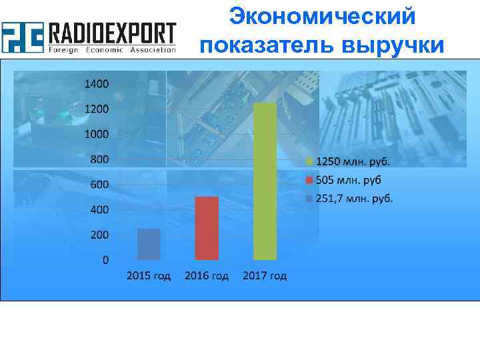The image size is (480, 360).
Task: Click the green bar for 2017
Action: click(x=265, y=181)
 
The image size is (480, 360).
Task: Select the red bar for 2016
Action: click(x=207, y=228)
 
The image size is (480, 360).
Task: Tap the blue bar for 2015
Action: click(x=149, y=244)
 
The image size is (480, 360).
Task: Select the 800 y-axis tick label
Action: click(x=99, y=159)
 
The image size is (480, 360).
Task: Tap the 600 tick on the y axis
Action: click(x=99, y=185)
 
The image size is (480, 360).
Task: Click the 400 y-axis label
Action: click(x=99, y=210)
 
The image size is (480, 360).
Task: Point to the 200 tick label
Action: click(x=99, y=235)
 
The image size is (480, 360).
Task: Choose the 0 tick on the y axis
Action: click(x=105, y=260)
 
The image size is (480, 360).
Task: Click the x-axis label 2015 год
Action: click(x=149, y=276)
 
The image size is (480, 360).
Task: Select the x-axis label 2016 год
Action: click(x=207, y=276)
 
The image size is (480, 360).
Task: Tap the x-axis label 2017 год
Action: click(x=265, y=276)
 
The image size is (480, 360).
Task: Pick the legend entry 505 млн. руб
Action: click(x=347, y=180)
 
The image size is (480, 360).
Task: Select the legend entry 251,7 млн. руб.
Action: click(x=353, y=198)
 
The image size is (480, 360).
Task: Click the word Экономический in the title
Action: click(x=322, y=16)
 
